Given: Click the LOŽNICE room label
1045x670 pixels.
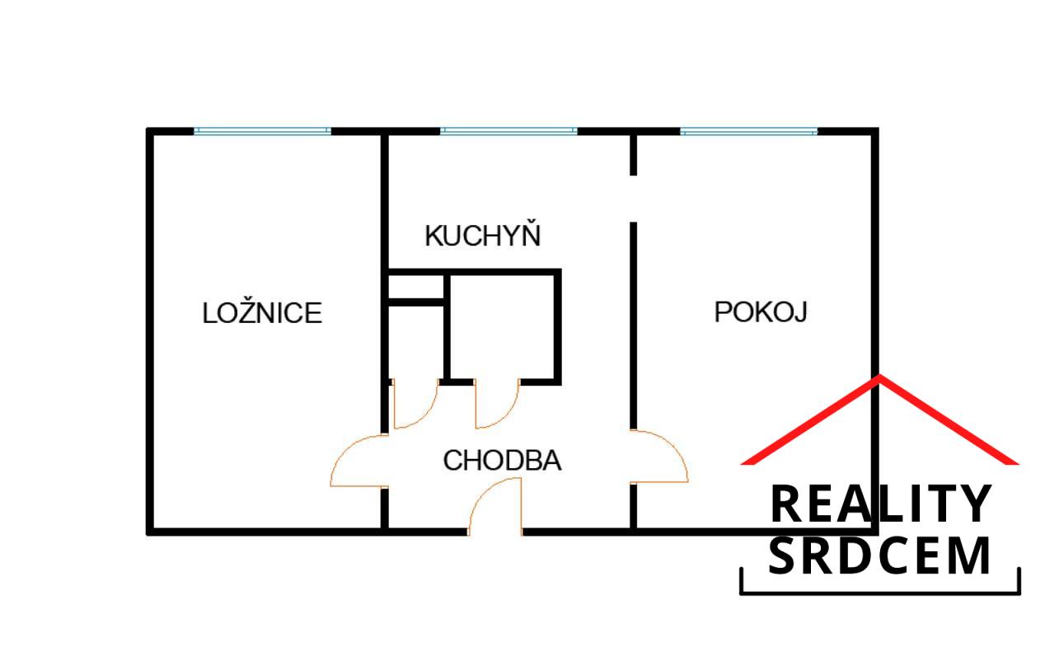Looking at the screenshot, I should tap(262, 313).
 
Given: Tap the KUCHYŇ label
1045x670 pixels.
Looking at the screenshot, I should tap(482, 236).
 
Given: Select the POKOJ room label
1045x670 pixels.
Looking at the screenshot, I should tap(760, 312).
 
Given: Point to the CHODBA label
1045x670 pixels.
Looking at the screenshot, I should tap(502, 461).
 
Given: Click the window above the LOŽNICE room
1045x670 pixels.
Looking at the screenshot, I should tap(262, 131).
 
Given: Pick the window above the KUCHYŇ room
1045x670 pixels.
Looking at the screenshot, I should tap(508, 131).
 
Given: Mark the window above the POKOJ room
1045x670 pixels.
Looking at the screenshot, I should tap(748, 131).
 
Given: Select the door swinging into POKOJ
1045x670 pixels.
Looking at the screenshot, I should tap(659, 457).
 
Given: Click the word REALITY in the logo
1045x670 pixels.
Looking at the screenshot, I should tap(879, 504).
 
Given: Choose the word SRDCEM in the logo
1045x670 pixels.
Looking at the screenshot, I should tap(879, 556).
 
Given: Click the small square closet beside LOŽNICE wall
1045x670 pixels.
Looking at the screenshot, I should tap(416, 288).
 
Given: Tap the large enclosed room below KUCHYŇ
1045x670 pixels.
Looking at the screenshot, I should tap(503, 327).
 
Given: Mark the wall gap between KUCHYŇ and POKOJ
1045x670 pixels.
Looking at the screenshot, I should tap(634, 199).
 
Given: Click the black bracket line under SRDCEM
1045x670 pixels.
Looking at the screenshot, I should tap(879, 592).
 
